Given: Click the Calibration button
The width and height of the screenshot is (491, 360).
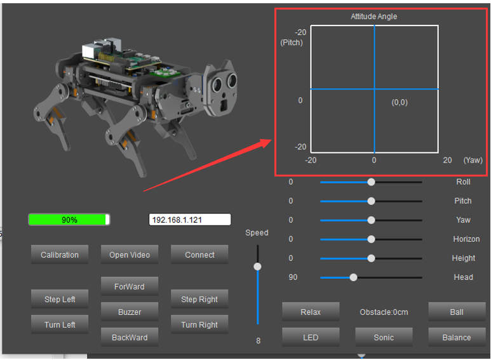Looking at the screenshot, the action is tap(60, 255).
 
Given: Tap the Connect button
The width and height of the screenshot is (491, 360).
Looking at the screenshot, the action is tap(199, 255).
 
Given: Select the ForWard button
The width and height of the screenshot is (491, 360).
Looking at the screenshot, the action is tap(130, 286).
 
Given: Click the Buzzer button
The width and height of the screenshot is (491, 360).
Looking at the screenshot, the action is tap(130, 312).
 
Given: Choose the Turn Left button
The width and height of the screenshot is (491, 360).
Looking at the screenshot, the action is tap(60, 324).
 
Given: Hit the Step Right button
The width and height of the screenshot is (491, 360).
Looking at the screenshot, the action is tap(199, 299).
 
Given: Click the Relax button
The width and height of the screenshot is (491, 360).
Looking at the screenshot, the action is tap(311, 312).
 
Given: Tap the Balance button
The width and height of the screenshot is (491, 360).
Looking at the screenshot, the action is tap(457, 337).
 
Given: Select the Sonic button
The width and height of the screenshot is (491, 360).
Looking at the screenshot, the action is tap(384, 337).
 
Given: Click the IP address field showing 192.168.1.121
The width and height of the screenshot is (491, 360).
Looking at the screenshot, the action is tap(190, 220).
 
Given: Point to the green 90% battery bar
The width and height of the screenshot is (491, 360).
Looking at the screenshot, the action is tap(69, 220).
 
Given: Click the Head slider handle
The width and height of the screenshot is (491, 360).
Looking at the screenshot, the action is tap(353, 277).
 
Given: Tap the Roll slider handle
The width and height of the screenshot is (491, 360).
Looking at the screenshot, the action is tap(371, 182).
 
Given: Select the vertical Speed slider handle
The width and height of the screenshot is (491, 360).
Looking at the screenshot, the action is tap(257, 267).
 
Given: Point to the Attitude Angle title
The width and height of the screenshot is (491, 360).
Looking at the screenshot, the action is tap(374, 17).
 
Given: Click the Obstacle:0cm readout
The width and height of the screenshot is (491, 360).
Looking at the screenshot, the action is tap(384, 312).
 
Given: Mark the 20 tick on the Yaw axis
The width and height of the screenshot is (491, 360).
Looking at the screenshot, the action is tap(447, 160).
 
